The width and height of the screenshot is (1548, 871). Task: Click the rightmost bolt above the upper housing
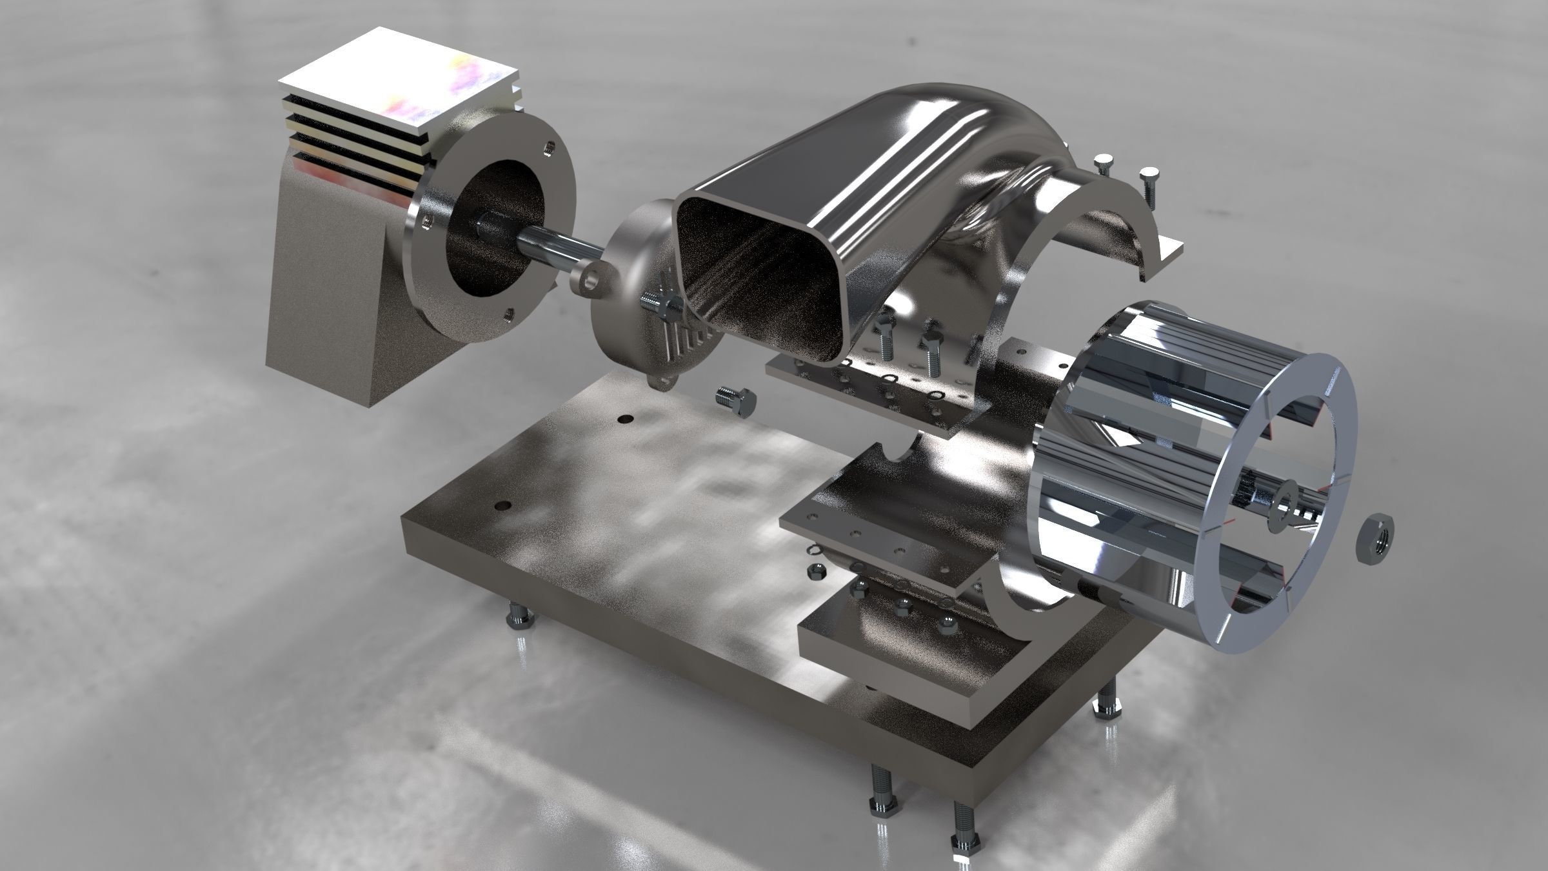click(x=1149, y=181)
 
